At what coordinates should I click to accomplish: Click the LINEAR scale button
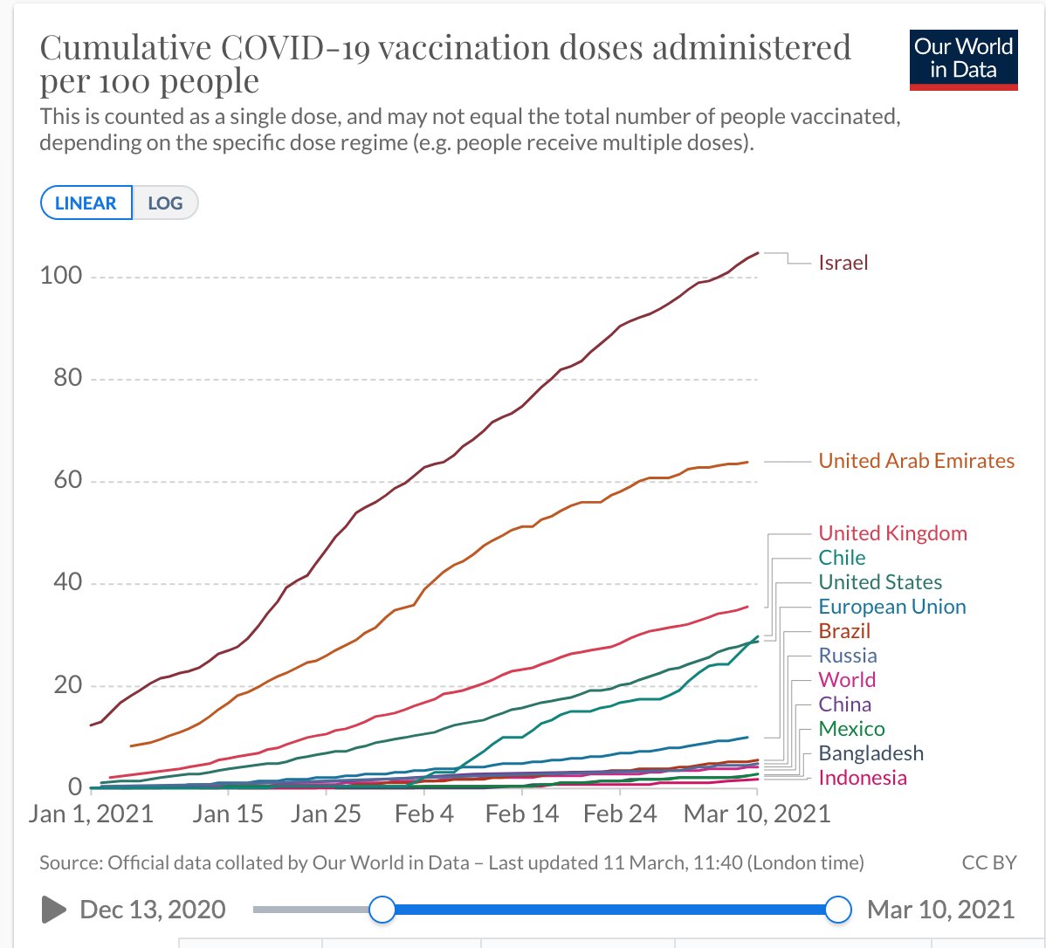[86, 203]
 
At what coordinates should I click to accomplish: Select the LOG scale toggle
[165, 203]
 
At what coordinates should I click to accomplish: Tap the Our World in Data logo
[963, 60]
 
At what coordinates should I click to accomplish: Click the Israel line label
[843, 263]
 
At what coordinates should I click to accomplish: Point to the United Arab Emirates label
[916, 461]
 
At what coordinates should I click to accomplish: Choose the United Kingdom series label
[892, 533]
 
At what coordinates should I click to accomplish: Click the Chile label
[842, 558]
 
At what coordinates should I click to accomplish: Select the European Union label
[892, 607]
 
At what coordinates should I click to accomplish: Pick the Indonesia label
[863, 778]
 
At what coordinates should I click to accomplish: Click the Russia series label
[847, 655]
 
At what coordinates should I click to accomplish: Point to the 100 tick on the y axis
[61, 276]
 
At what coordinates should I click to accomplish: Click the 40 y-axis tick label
[67, 582]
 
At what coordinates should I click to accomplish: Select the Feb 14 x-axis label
[521, 814]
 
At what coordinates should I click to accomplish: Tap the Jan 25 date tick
[326, 814]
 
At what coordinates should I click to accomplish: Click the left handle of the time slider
[382, 910]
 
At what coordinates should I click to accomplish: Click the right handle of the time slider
[838, 910]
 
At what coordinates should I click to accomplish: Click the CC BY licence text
[988, 862]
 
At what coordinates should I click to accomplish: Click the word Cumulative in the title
[126, 47]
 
